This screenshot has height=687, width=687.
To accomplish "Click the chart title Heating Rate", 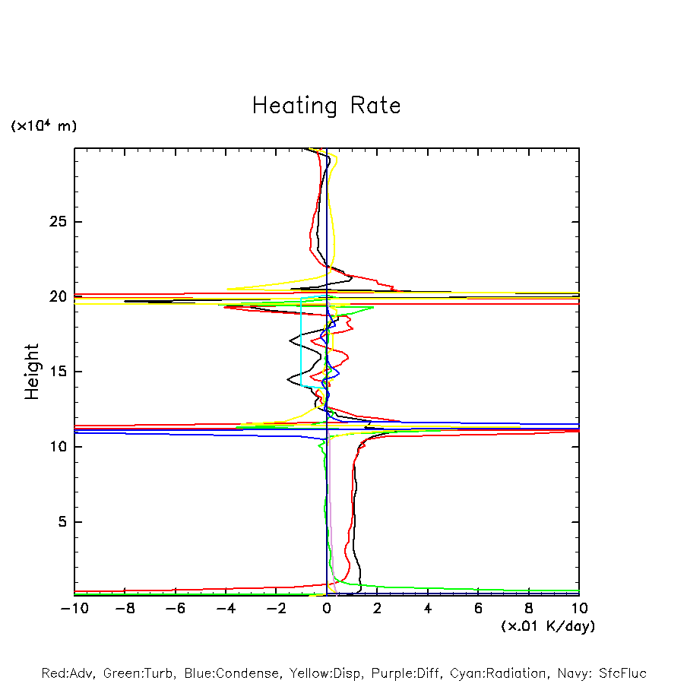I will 326,106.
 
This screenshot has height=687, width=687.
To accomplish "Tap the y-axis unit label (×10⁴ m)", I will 43,126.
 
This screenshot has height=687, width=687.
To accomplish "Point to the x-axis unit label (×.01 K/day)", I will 548,626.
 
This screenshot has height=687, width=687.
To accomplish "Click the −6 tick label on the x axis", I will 175,608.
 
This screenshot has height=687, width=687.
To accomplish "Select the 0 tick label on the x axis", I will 327,608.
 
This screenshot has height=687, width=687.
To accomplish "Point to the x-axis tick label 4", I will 428,608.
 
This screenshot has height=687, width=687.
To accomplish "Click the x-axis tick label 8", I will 529,608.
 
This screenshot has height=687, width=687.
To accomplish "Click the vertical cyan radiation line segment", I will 301,342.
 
